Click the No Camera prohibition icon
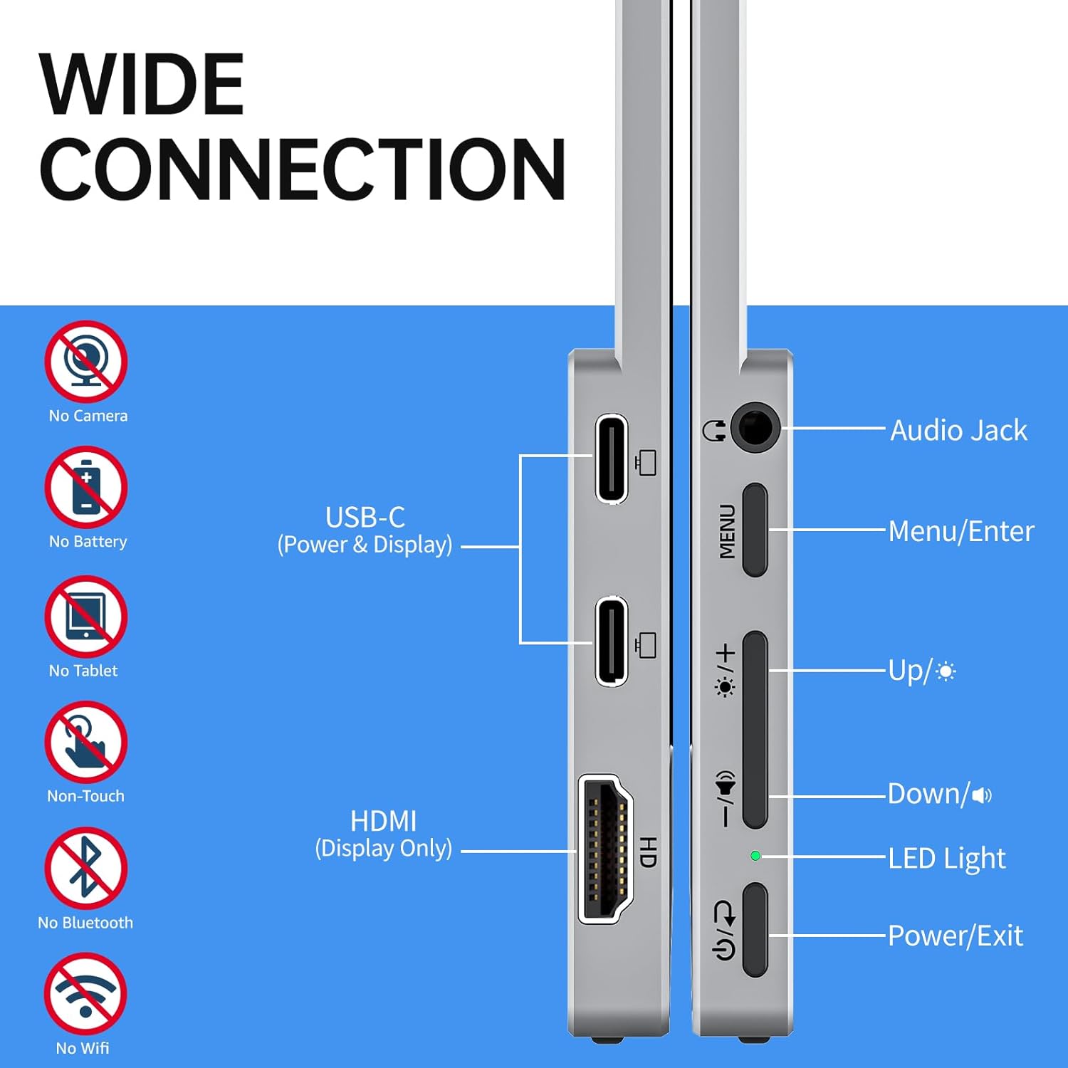pos(86,362)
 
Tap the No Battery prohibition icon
pos(86,488)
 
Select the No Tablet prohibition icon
pos(86,617)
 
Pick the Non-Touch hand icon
pos(86,743)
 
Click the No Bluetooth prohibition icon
pos(86,869)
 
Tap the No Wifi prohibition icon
pos(85,994)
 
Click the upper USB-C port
pos(612,459)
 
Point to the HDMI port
pos(606,849)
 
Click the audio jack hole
pos(755,428)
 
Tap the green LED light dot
pos(755,856)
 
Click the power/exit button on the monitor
pos(755,930)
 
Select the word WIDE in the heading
pos(142,84)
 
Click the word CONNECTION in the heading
pos(303,169)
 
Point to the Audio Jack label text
pos(959,431)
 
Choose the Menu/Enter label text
pos(961,531)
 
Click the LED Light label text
pos(947,859)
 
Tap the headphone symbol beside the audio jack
pos(714,430)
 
